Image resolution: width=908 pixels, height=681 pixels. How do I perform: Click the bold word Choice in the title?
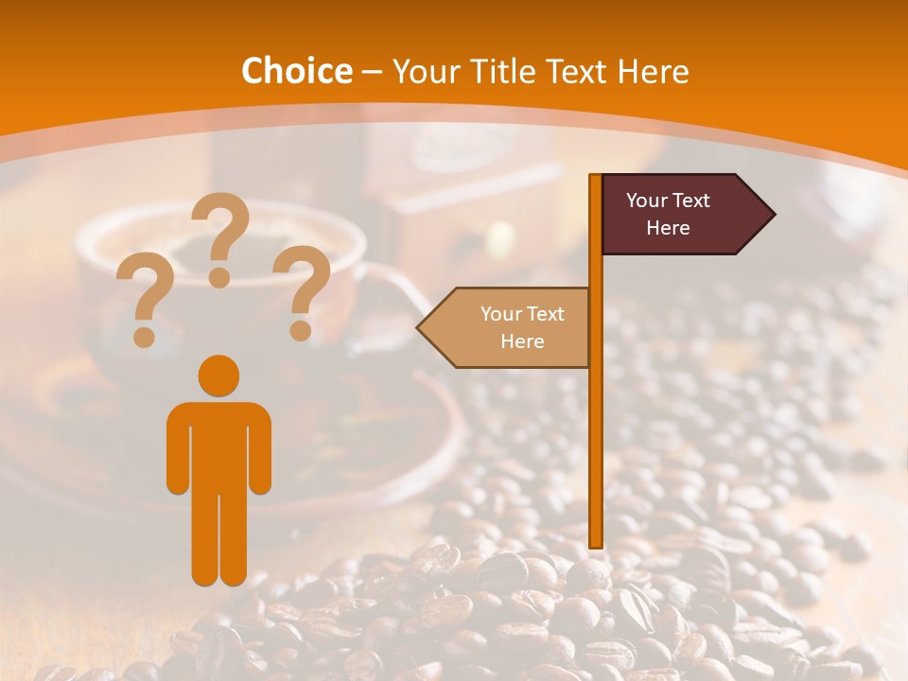(296, 71)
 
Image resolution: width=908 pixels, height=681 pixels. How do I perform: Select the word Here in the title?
(653, 71)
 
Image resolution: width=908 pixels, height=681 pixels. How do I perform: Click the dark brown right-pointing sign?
(676, 214)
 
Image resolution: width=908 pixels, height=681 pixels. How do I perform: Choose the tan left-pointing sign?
(511, 327)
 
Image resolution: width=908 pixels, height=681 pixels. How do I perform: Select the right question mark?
(303, 291)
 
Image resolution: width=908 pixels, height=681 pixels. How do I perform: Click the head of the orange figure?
(218, 375)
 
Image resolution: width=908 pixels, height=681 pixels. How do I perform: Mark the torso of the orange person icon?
(218, 445)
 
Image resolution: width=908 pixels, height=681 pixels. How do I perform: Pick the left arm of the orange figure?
(178, 449)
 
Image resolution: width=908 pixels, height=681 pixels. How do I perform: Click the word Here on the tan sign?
(522, 341)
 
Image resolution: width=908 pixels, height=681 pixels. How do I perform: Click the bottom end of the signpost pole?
(596, 543)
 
